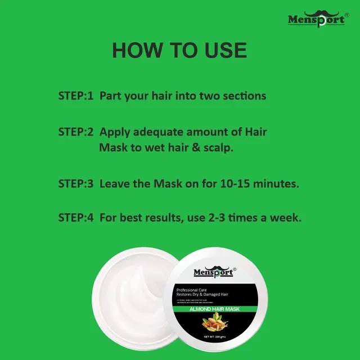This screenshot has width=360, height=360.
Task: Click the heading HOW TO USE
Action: (x=179, y=51)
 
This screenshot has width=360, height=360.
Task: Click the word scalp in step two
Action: (x=218, y=149)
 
